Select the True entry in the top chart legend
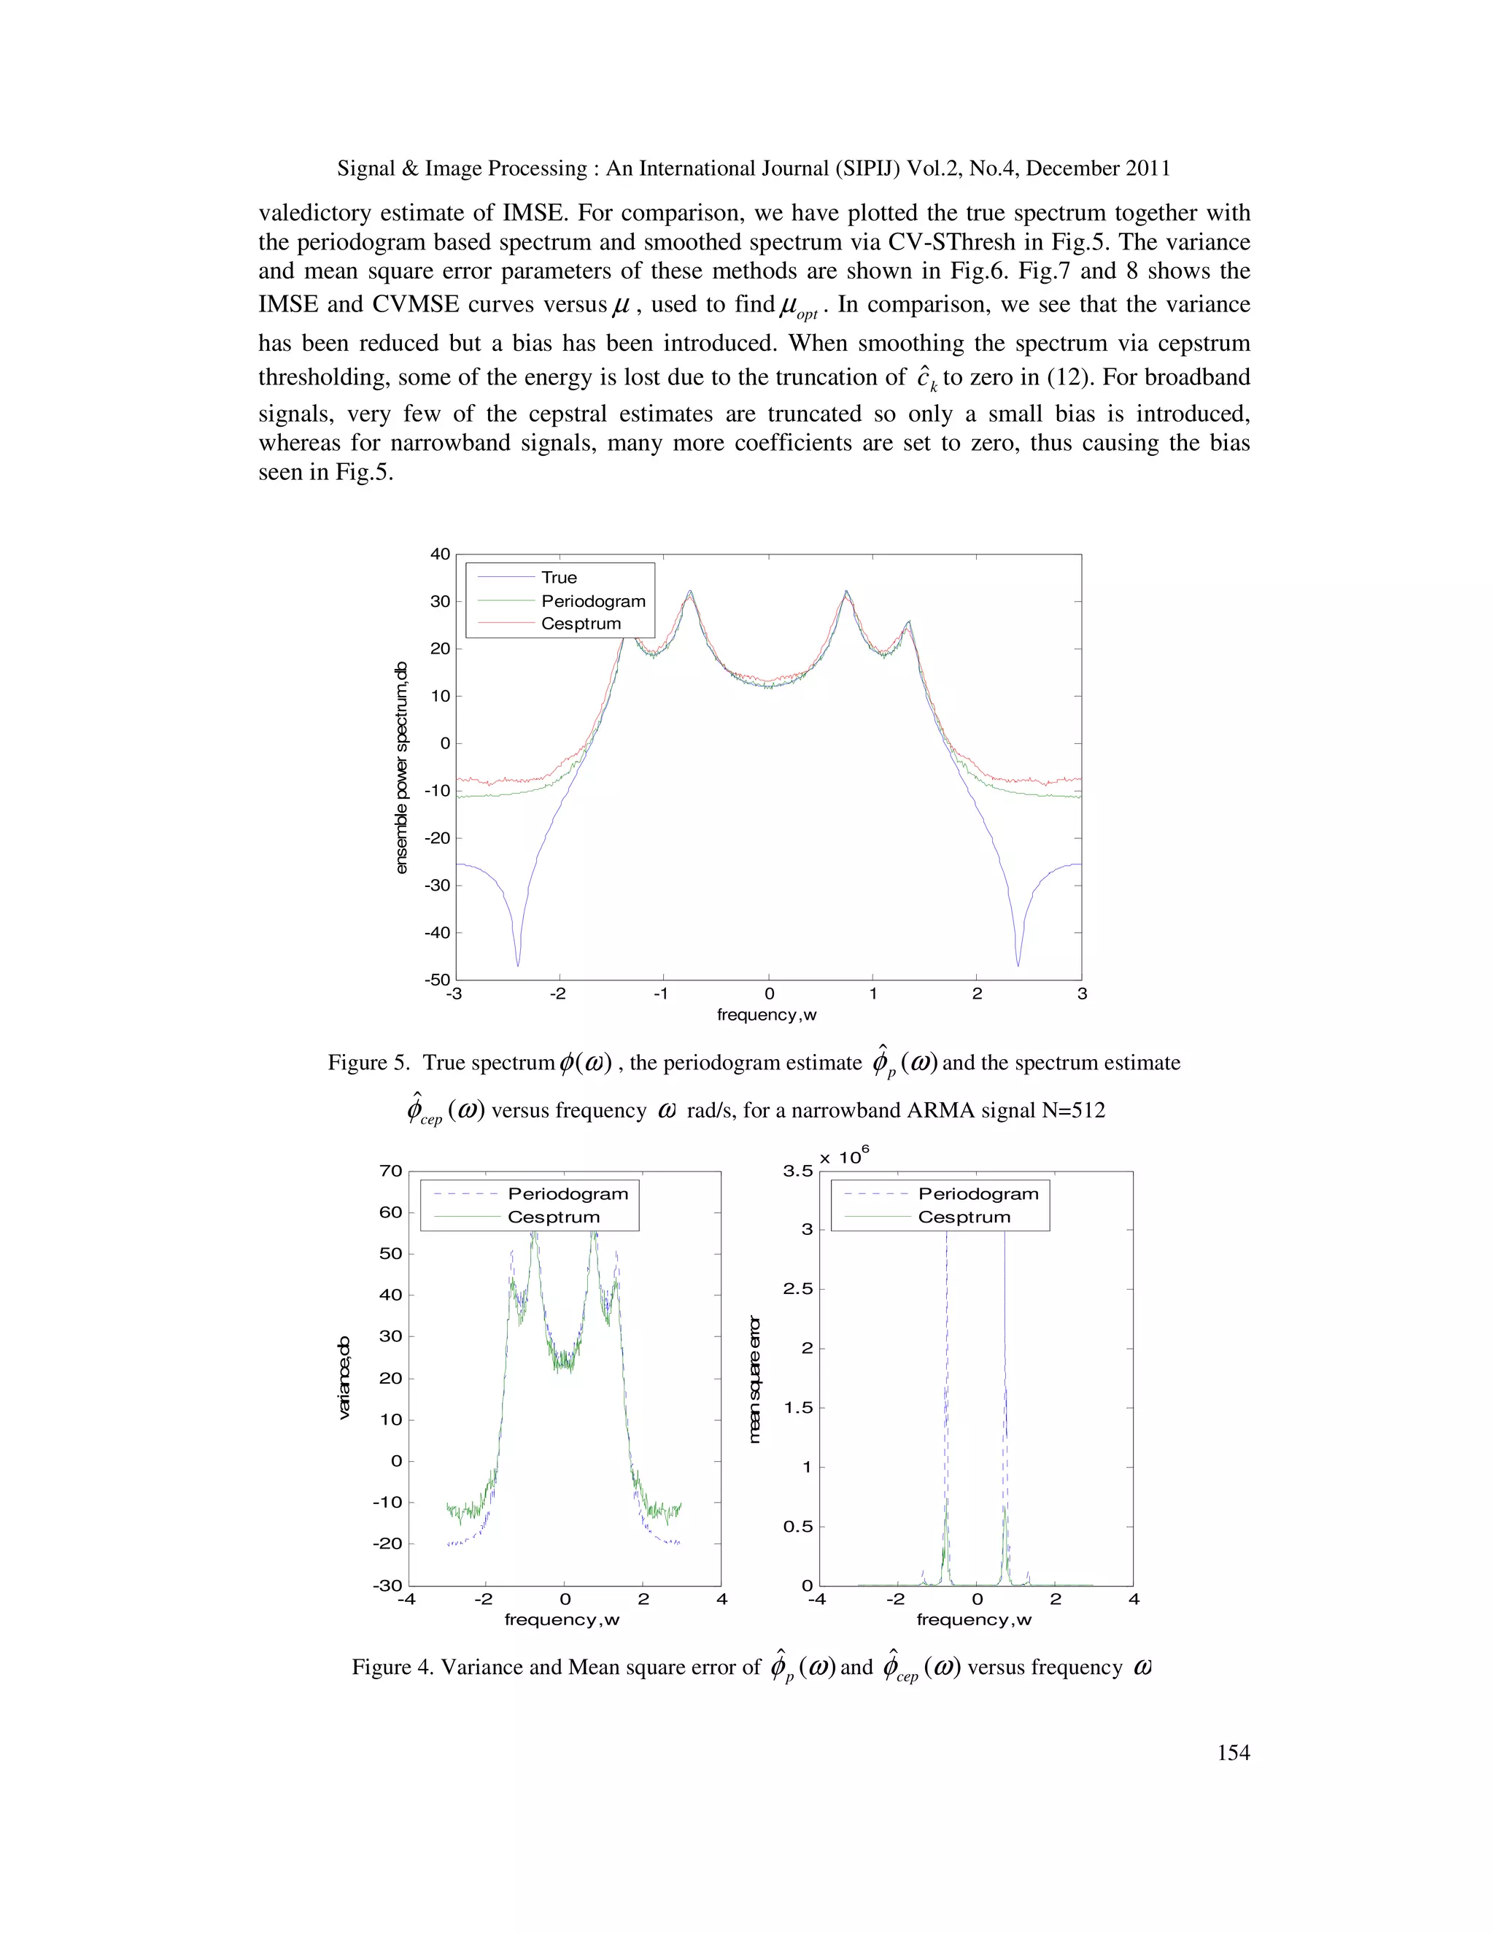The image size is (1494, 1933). coord(559,577)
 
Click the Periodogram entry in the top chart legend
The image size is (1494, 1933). coord(593,601)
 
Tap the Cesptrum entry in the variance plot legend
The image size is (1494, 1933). coord(553,1217)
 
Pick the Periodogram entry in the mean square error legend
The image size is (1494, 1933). coord(978,1194)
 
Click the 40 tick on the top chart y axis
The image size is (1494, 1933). coord(440,554)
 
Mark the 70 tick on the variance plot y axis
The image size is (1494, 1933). coord(390,1171)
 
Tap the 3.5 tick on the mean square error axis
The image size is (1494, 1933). coord(797,1171)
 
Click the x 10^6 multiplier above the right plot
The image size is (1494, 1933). coord(843,1157)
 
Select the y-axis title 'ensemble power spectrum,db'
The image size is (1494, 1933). coord(402,767)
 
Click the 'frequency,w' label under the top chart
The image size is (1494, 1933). coord(767,1015)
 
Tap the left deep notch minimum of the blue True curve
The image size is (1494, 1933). coord(519,965)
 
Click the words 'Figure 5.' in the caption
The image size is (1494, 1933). coord(362,1062)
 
